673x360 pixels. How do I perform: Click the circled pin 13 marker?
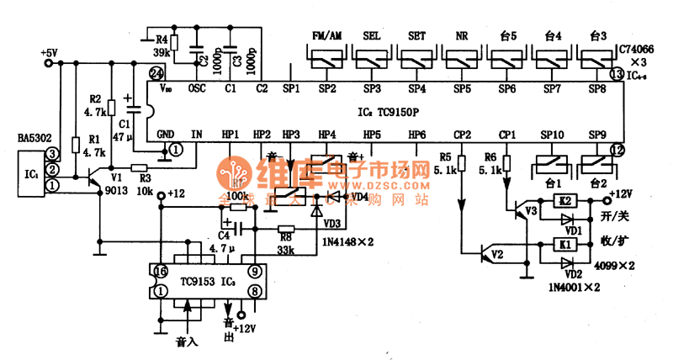coord(617,75)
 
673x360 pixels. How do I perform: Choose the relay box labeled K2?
coord(565,200)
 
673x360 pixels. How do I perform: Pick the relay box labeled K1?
coord(565,245)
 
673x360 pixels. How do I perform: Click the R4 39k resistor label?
coord(162,45)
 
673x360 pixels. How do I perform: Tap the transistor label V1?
coord(116,178)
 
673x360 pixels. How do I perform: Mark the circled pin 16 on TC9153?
coord(161,271)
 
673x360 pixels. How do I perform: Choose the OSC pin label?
coord(197,87)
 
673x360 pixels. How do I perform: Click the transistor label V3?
coord(530,210)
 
